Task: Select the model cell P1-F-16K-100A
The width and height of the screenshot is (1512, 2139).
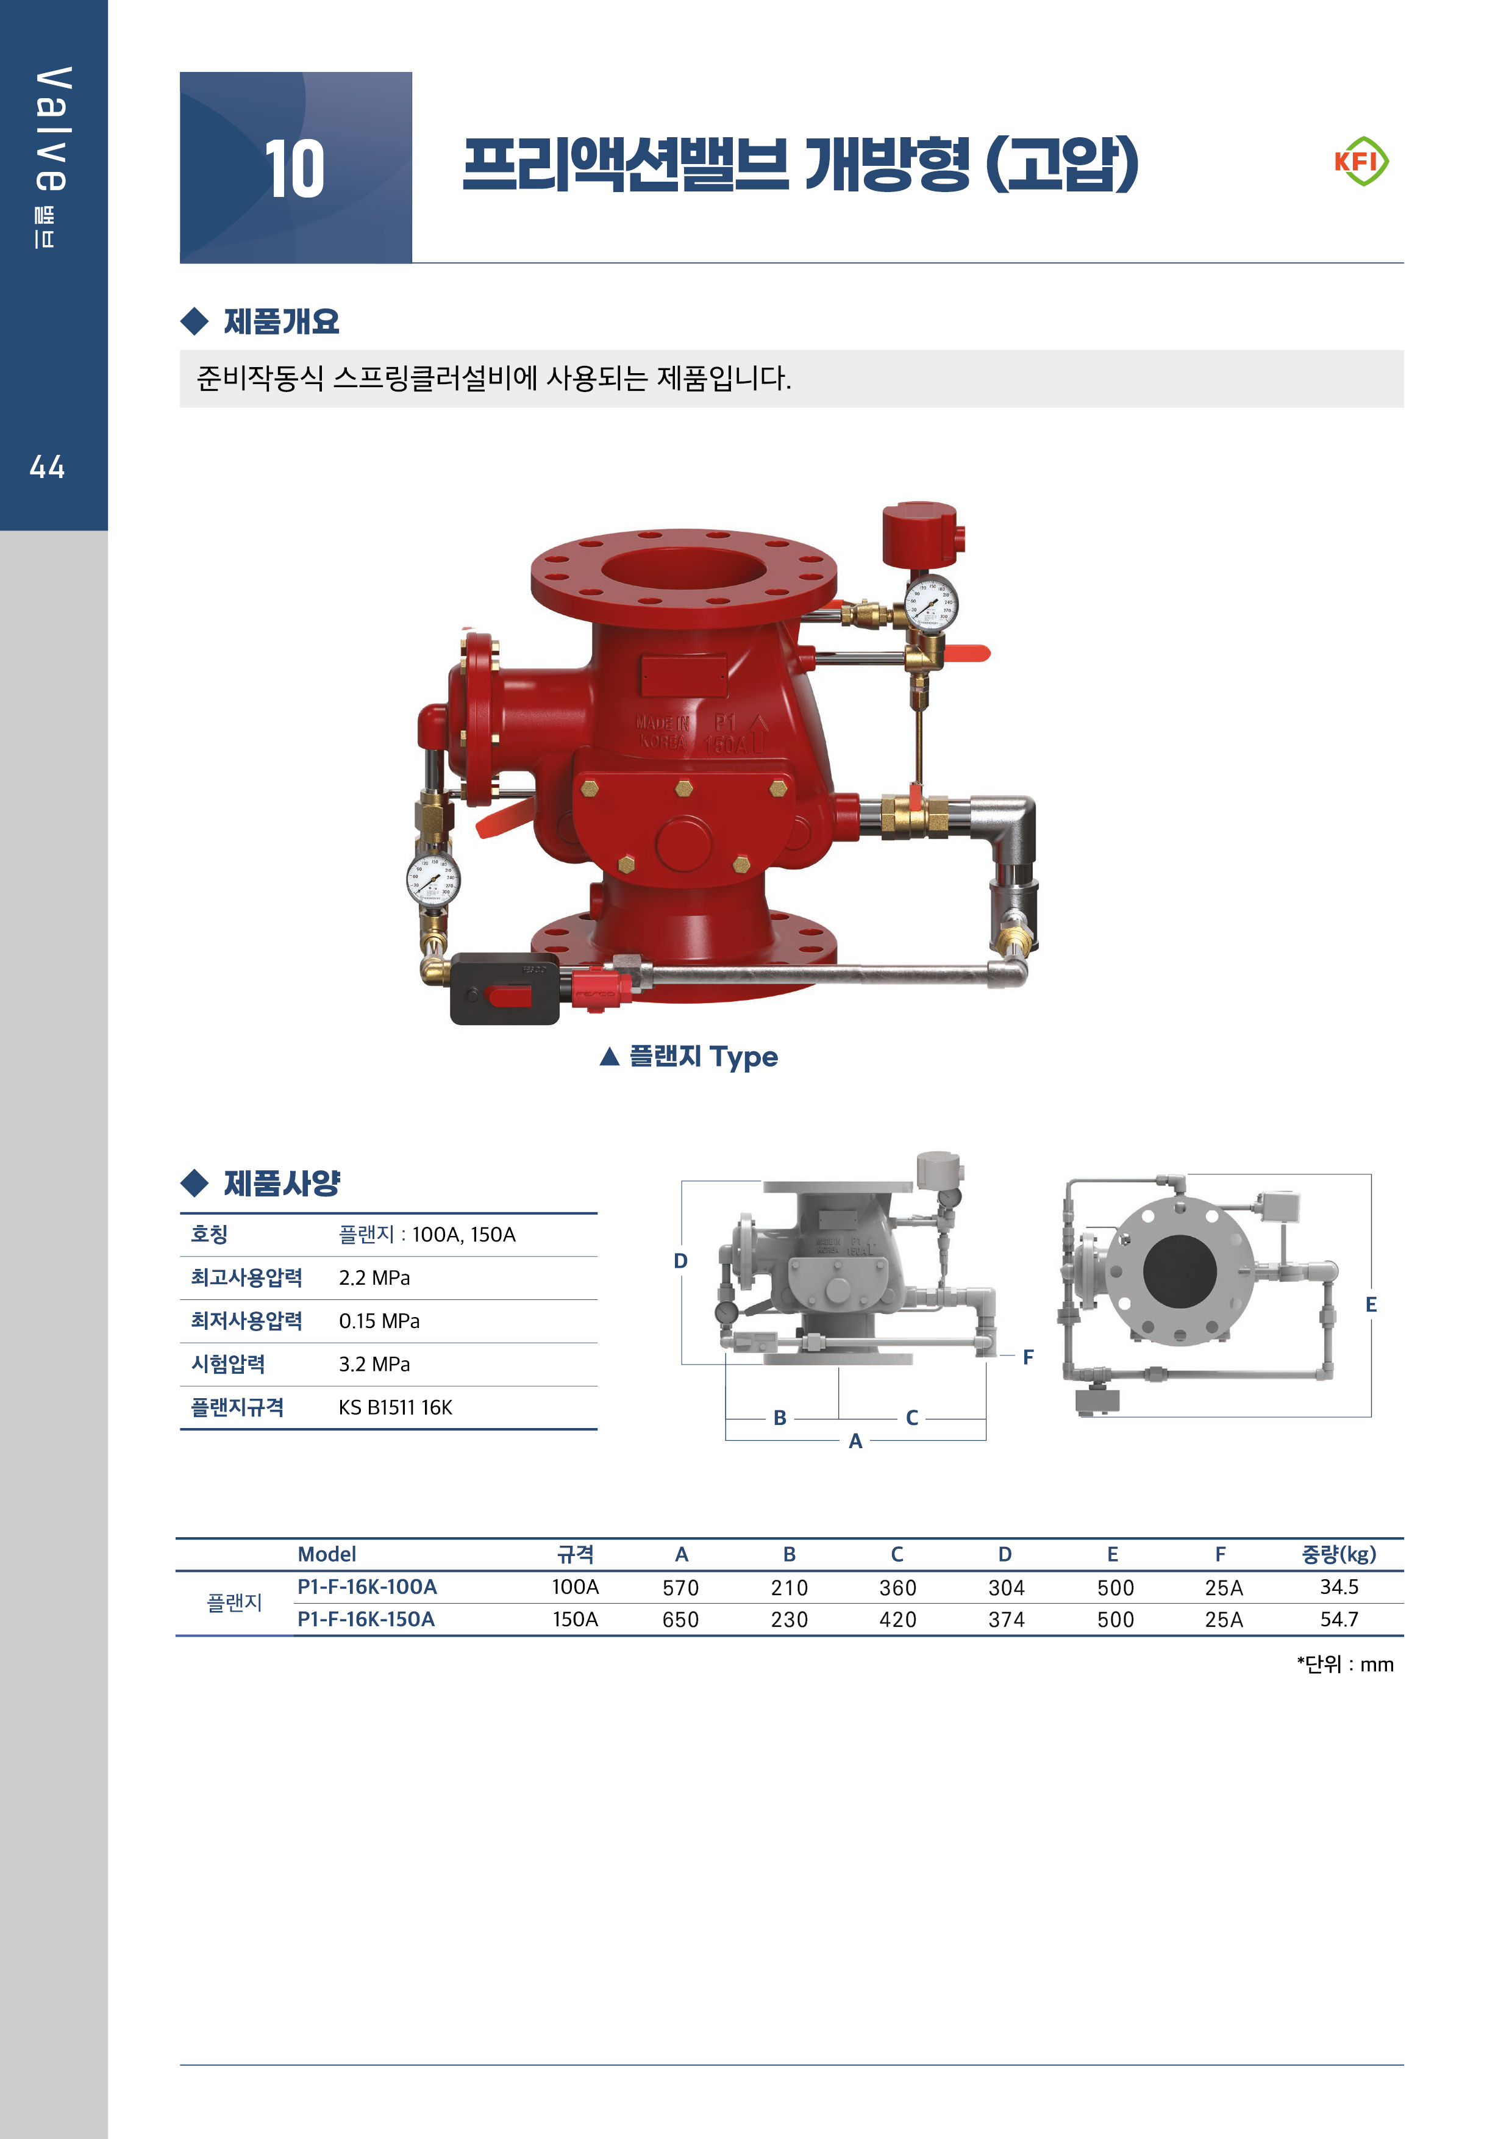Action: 366,1587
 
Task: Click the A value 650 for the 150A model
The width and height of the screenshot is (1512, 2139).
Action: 680,1620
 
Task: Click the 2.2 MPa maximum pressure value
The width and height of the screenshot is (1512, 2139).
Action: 374,1278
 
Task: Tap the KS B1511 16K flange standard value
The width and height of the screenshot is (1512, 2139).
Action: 395,1408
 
